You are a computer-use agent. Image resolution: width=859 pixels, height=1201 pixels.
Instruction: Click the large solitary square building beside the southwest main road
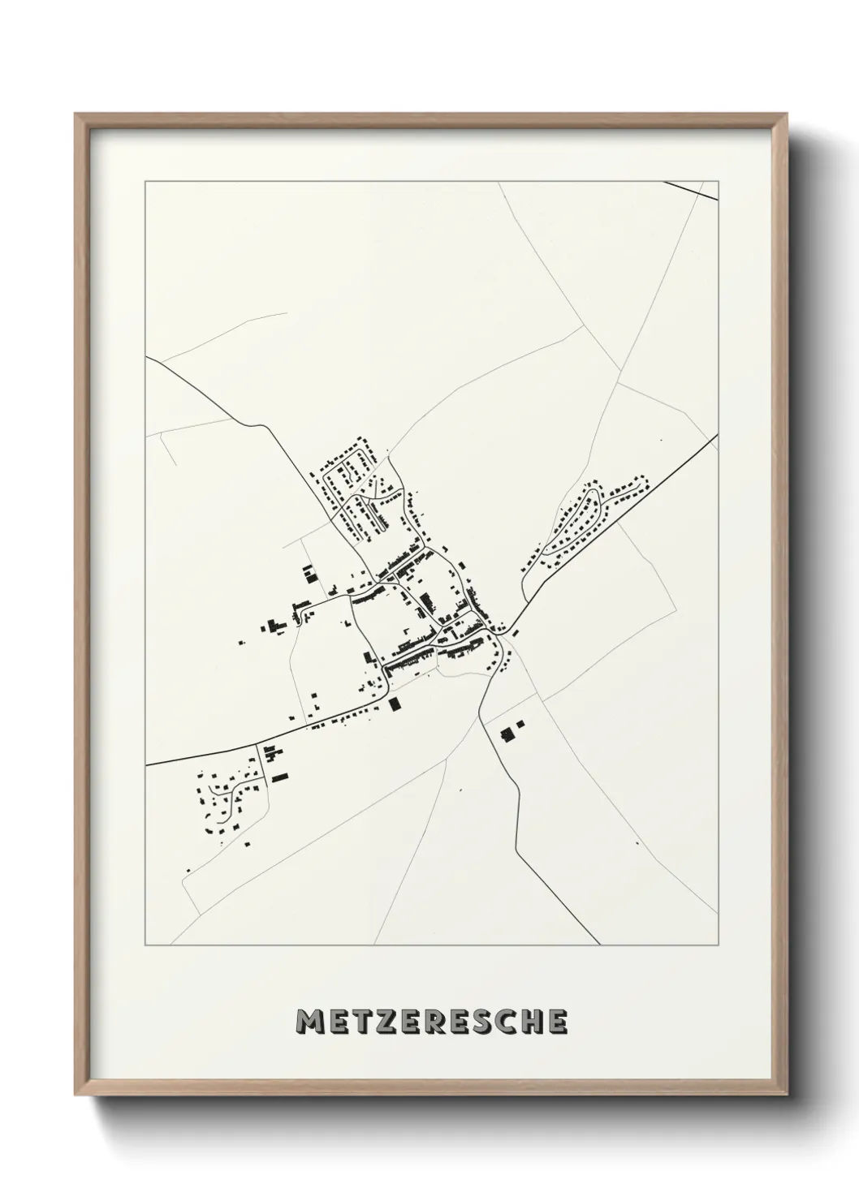395,703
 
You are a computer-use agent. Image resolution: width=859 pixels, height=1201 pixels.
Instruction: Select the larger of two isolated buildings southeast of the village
508,735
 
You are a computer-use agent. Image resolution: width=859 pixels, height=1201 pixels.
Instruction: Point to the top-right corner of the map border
718,182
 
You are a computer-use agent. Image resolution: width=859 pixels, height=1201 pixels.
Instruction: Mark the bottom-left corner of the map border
145,945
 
